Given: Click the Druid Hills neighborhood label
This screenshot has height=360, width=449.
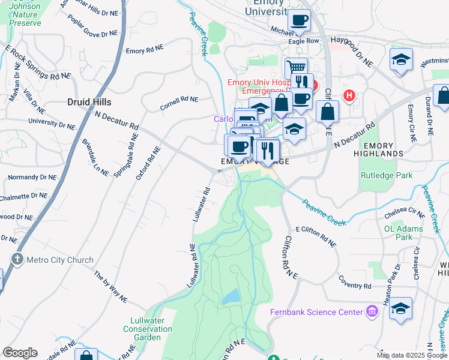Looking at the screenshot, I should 89,102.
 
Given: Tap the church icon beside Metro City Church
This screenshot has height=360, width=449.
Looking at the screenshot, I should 17,259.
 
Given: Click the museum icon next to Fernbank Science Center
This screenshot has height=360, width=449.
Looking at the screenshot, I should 372,311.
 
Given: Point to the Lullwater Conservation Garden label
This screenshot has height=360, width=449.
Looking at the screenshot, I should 148,329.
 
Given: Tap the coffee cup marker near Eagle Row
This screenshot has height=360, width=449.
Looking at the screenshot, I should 299,20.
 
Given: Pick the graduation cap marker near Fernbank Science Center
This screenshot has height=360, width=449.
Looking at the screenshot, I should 400,308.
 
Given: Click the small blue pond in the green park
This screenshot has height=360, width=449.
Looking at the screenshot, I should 231,296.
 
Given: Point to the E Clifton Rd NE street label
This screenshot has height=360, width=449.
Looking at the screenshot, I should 316,237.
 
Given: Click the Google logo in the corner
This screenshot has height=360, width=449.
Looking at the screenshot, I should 20,353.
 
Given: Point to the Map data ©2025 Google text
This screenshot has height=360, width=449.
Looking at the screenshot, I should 412,355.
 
